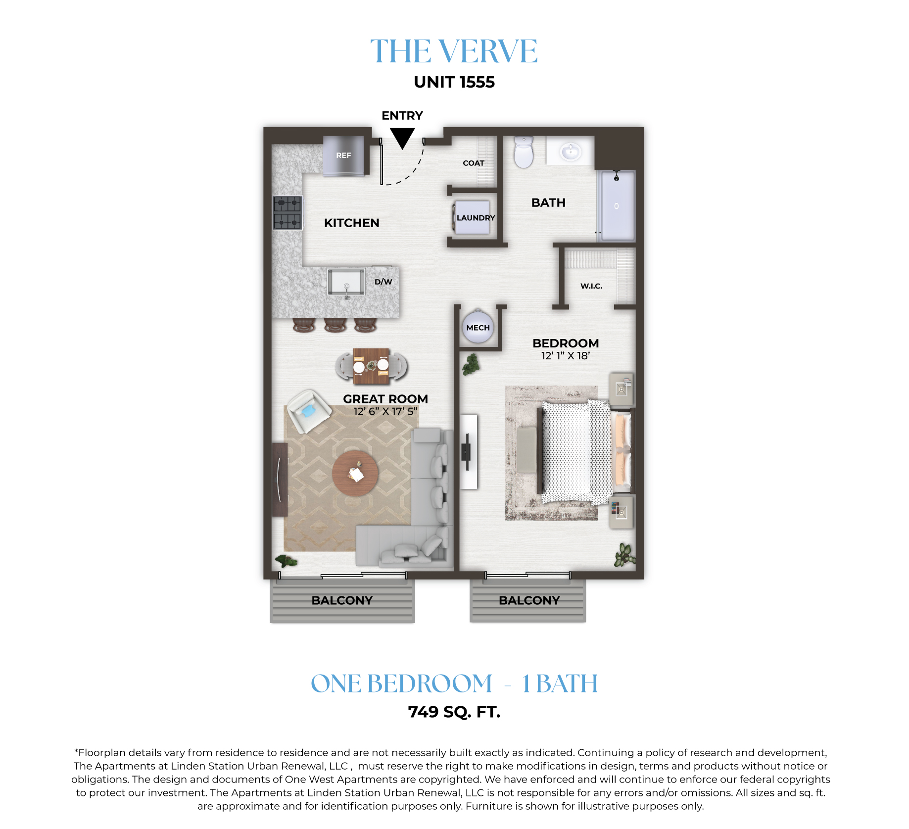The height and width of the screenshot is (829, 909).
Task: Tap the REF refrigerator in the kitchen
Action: coord(344,155)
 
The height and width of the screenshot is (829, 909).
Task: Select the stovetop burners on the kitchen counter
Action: coord(287,213)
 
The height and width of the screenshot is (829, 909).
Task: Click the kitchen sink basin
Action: coord(346,282)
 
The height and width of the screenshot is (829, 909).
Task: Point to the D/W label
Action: coord(383,282)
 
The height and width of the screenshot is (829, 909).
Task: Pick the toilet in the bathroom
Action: coord(524,152)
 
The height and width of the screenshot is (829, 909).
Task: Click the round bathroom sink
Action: coord(571,150)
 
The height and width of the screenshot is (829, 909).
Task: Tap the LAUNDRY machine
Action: coord(472,217)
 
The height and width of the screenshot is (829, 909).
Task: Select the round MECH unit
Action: coord(478,327)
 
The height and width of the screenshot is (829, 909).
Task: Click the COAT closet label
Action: coord(474,163)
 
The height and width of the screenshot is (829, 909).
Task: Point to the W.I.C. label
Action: coord(591,286)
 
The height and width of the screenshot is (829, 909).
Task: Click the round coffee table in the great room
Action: coord(355,473)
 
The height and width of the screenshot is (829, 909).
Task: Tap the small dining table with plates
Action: coord(371,366)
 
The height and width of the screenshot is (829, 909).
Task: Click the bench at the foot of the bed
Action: coord(526,450)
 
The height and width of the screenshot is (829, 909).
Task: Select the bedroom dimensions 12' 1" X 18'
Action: coord(566,356)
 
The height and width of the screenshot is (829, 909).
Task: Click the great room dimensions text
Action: coord(385,411)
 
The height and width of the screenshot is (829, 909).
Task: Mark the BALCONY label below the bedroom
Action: coord(529,600)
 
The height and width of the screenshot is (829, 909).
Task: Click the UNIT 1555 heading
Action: coord(454,82)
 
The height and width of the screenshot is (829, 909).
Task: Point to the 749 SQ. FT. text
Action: coord(454,712)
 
